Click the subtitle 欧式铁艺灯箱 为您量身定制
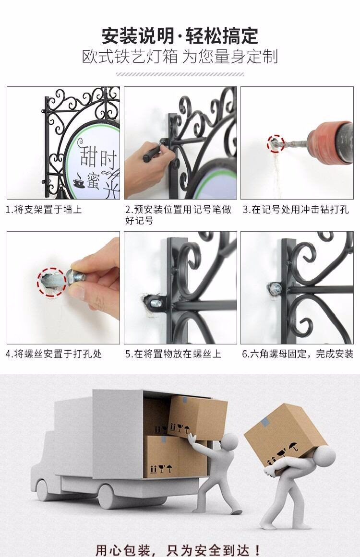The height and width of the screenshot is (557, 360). coord(180,57)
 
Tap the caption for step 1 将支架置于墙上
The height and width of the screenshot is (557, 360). coord(44,210)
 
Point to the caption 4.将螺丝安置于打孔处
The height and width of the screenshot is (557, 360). coord(54,354)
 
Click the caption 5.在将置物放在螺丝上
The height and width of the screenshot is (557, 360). coord(173,354)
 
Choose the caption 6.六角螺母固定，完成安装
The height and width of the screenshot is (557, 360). coord(298,354)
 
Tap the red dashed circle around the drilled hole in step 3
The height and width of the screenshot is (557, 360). coord(276,143)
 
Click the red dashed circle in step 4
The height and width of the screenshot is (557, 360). coord(51,282)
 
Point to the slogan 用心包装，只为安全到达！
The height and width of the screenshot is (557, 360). coord(179,549)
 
